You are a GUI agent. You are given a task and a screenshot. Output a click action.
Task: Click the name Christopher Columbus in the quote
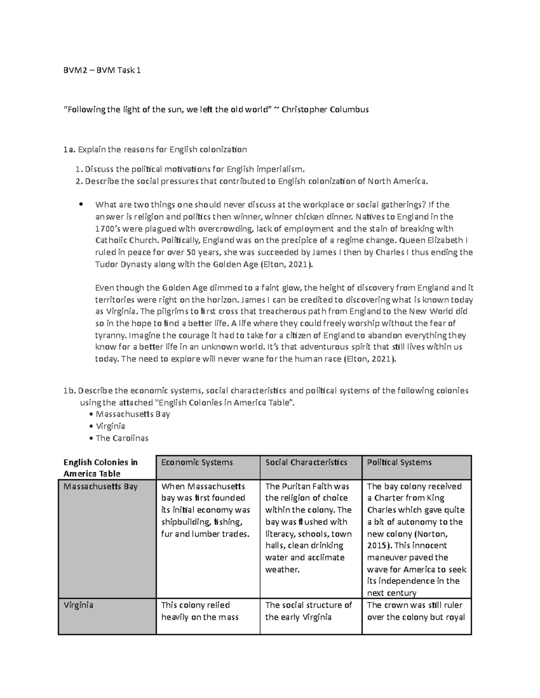pos(325,110)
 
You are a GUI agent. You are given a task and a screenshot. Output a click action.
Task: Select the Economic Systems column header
pos(197,462)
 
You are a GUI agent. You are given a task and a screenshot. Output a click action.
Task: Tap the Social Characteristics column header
pos(306,462)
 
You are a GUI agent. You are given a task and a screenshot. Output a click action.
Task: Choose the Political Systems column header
pos(399,462)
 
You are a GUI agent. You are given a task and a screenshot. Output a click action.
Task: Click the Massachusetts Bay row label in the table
pos(100,486)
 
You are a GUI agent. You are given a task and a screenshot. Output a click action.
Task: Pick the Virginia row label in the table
pos(78,605)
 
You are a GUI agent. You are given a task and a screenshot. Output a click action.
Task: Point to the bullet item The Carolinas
pos(122,438)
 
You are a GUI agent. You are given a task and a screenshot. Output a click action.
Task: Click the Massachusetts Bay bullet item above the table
pos(133,414)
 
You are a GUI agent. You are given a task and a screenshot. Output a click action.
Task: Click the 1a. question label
pos(68,149)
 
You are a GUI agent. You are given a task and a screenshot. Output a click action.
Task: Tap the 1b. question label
pos(69,391)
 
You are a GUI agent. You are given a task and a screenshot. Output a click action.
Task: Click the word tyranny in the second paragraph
pos(111,335)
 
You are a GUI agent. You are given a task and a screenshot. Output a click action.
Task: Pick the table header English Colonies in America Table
pos(100,468)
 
